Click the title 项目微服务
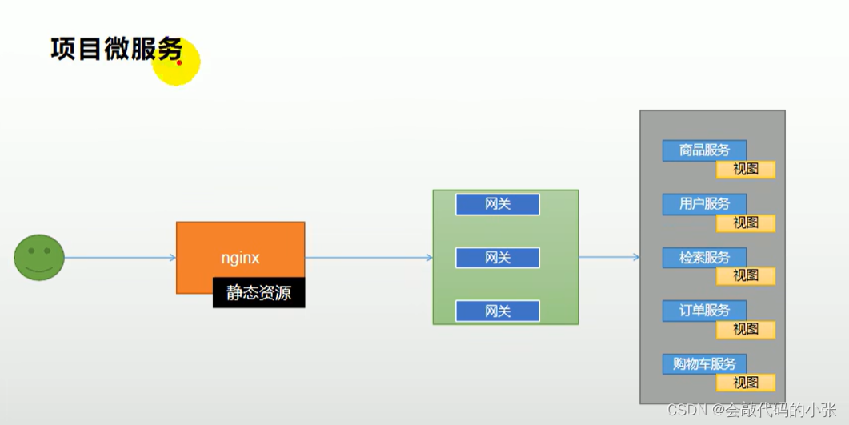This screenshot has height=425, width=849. pos(116,50)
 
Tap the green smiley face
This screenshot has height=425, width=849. pos(38,258)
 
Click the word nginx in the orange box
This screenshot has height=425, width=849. pos(240,258)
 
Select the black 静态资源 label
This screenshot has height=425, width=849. pos(258,293)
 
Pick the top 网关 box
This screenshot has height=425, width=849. pos(498,204)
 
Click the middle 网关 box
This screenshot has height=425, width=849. pos(498,258)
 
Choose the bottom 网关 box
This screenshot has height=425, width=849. pos(498,311)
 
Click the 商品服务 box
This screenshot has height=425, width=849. pos(704,150)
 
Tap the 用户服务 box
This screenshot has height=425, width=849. pos(704,203)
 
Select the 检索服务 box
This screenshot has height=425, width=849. pos(704,257)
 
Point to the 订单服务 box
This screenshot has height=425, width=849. pos(704,310)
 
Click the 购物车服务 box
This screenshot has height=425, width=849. pos(704,363)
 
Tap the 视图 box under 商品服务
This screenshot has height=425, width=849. pos(746,169)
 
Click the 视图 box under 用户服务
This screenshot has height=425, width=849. pos(746,223)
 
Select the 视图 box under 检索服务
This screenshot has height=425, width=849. pos(746,275)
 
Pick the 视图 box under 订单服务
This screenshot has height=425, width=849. pos(746,329)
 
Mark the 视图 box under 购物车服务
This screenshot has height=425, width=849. pos(746,382)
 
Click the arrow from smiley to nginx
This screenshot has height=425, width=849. pos(120,258)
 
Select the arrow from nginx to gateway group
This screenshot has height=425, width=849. pos(368,258)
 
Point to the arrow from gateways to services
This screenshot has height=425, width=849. pos(609,257)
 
